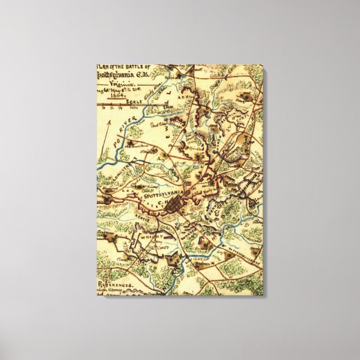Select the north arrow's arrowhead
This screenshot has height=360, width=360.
pos(110,121)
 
